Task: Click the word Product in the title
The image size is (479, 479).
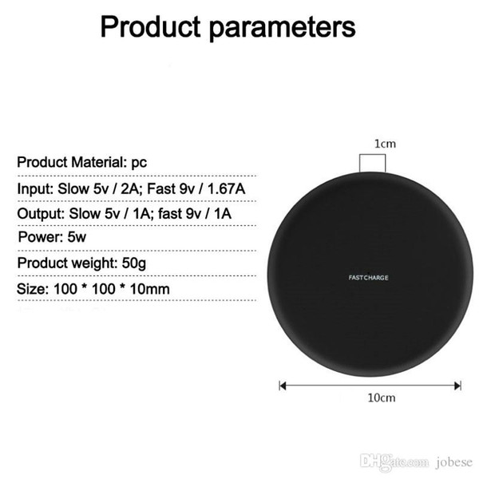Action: [151, 26]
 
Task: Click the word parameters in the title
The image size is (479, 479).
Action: [283, 30]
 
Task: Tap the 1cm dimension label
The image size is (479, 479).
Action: [386, 144]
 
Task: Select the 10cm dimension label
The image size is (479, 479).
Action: [382, 398]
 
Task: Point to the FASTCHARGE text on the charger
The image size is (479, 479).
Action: [368, 278]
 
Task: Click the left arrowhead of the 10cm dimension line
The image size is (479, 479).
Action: [283, 386]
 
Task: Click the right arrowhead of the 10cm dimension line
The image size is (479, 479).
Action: [457, 386]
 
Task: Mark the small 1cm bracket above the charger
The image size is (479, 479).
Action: [372, 155]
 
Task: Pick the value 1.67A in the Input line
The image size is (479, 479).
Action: [227, 188]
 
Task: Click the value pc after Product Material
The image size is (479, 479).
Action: [139, 163]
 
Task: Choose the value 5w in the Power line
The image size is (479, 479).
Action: [77, 237]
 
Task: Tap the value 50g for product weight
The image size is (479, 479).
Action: [134, 263]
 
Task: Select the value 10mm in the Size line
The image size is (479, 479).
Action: [150, 289]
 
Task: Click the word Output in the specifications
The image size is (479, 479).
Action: [41, 214]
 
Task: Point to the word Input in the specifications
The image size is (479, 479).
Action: [35, 189]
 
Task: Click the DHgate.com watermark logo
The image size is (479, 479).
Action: [394, 461]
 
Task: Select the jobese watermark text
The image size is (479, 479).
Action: [454, 462]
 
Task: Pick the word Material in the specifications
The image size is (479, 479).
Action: [99, 162]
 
